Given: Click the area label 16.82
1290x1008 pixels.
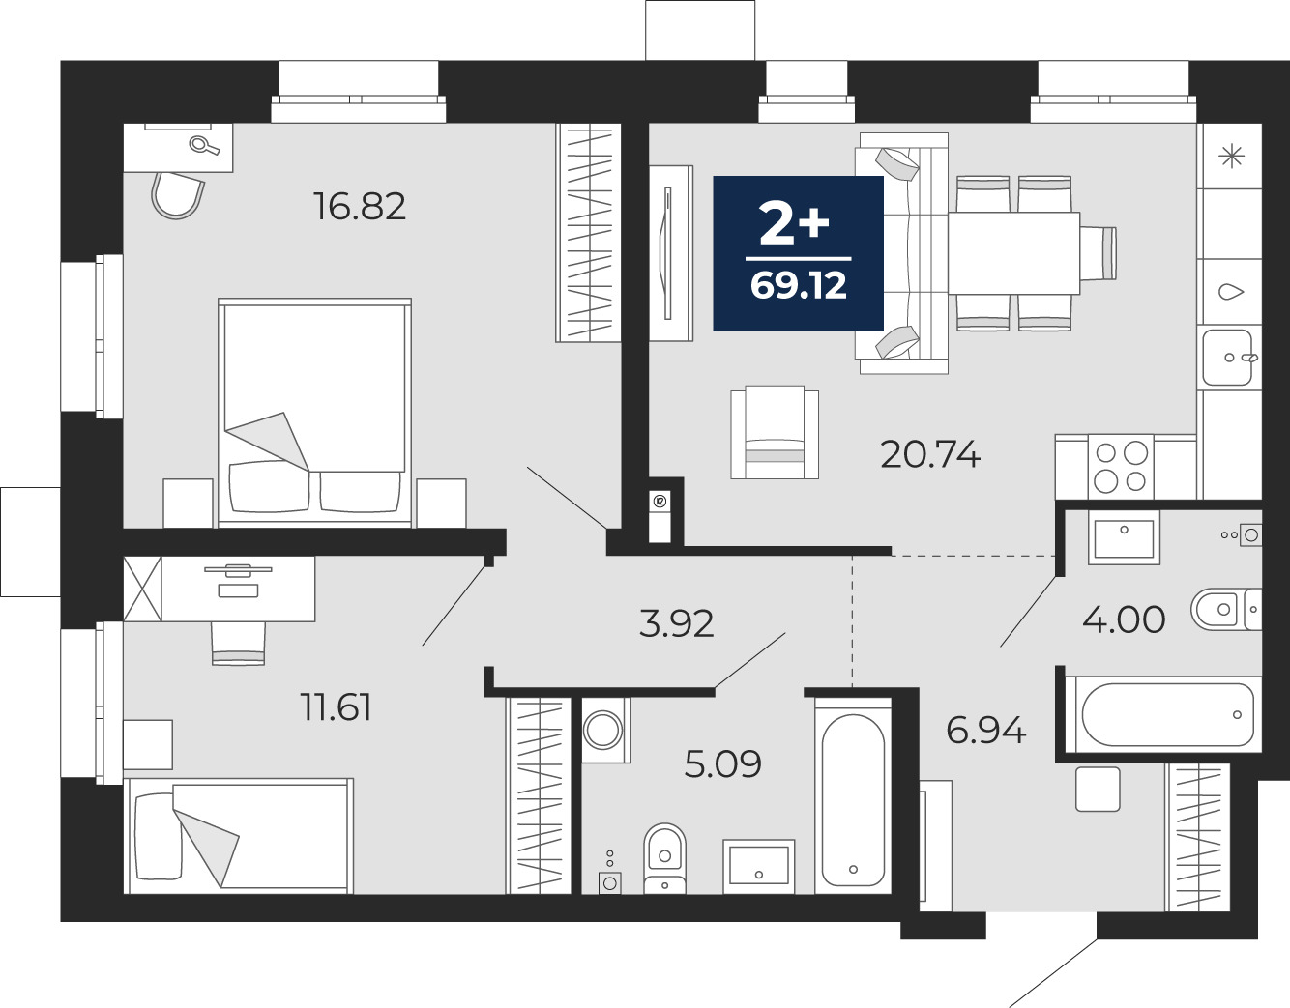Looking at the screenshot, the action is click(360, 207).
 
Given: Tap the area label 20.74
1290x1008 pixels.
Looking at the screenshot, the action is click(930, 455).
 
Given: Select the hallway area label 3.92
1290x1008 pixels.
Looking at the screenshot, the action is click(676, 624).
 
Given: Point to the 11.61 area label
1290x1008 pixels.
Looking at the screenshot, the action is click(337, 707).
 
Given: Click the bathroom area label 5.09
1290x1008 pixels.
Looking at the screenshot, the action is click(722, 763).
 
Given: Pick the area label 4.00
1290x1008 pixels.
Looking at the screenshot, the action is click(1124, 620).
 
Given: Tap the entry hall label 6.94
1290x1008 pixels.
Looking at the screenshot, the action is click(986, 730).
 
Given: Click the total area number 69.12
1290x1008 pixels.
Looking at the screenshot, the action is click(799, 285).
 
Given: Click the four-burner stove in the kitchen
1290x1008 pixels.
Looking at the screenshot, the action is click(1121, 467).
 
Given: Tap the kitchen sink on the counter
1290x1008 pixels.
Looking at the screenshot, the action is click(1228, 358).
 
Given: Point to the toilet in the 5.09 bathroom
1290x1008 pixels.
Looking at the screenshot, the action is click(665, 858).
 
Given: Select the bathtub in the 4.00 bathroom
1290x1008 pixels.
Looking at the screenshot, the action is click(1163, 715).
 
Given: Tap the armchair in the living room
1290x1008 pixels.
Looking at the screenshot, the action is click(775, 432).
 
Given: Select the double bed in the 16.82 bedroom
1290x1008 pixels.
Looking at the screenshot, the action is click(314, 412).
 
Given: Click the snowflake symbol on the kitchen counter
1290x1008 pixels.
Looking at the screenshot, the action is click(1231, 156).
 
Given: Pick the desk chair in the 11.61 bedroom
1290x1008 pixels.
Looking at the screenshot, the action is click(238, 644).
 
